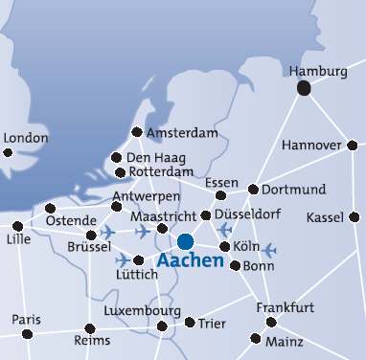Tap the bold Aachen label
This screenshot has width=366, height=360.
(190, 260)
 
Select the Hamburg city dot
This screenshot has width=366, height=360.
(304, 88)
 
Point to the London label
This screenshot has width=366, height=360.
(26, 138)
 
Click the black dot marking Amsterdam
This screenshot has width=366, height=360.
(137, 132)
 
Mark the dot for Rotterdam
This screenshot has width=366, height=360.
(120, 173)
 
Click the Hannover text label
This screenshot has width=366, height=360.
(312, 146)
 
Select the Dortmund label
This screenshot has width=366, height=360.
(294, 189)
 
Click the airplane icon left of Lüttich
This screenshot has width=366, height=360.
(123, 259)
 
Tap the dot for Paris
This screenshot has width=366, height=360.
(27, 333)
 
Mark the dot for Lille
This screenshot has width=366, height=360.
(18, 226)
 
